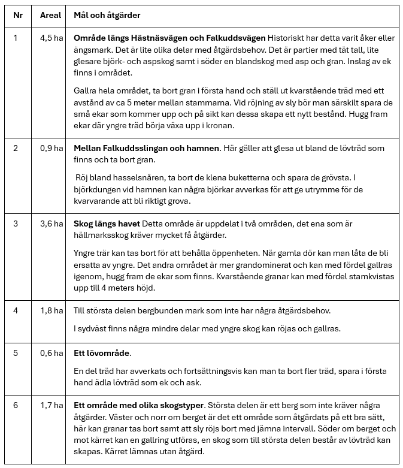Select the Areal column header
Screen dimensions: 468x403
(50, 14)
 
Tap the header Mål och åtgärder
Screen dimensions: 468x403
(107, 14)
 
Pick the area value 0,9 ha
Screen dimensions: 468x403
(51, 148)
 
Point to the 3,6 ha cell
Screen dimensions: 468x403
(51, 224)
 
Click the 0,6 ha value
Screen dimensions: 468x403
(51, 353)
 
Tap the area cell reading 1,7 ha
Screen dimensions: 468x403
(51, 406)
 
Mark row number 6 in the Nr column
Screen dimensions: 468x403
(16, 406)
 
